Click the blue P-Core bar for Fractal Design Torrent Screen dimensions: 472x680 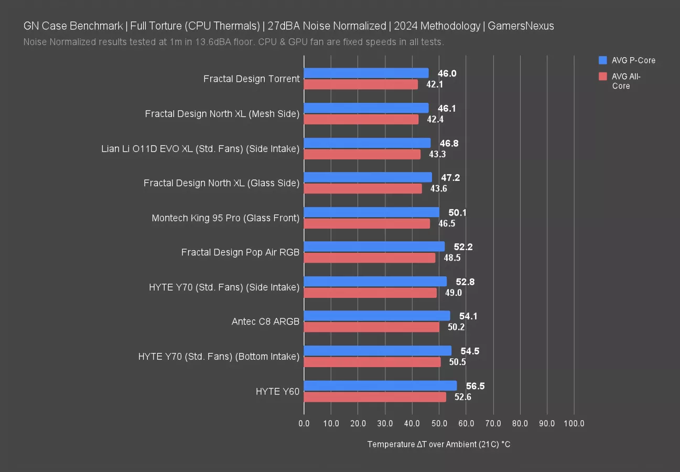[x=366, y=73]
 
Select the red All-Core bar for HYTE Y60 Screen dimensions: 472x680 [x=375, y=397]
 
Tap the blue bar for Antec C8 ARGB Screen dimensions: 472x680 [x=376, y=316]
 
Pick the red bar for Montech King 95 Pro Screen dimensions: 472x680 [x=366, y=223]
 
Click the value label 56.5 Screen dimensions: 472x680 [x=475, y=386]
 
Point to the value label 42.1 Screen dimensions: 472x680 [x=435, y=84]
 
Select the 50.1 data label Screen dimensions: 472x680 [x=458, y=212]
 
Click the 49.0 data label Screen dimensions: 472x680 [x=453, y=293]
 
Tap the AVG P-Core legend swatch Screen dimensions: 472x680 [x=602, y=60]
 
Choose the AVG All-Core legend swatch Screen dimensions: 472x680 [x=602, y=77]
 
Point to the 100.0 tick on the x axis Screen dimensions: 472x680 [x=574, y=423]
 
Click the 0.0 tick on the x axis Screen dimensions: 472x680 [x=304, y=423]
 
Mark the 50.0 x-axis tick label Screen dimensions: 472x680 [x=439, y=423]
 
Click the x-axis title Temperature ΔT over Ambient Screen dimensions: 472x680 [x=438, y=444]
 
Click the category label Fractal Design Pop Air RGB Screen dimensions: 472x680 [x=240, y=252]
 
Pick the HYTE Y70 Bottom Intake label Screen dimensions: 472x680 [x=219, y=357]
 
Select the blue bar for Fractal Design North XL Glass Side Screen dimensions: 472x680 [x=368, y=177]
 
